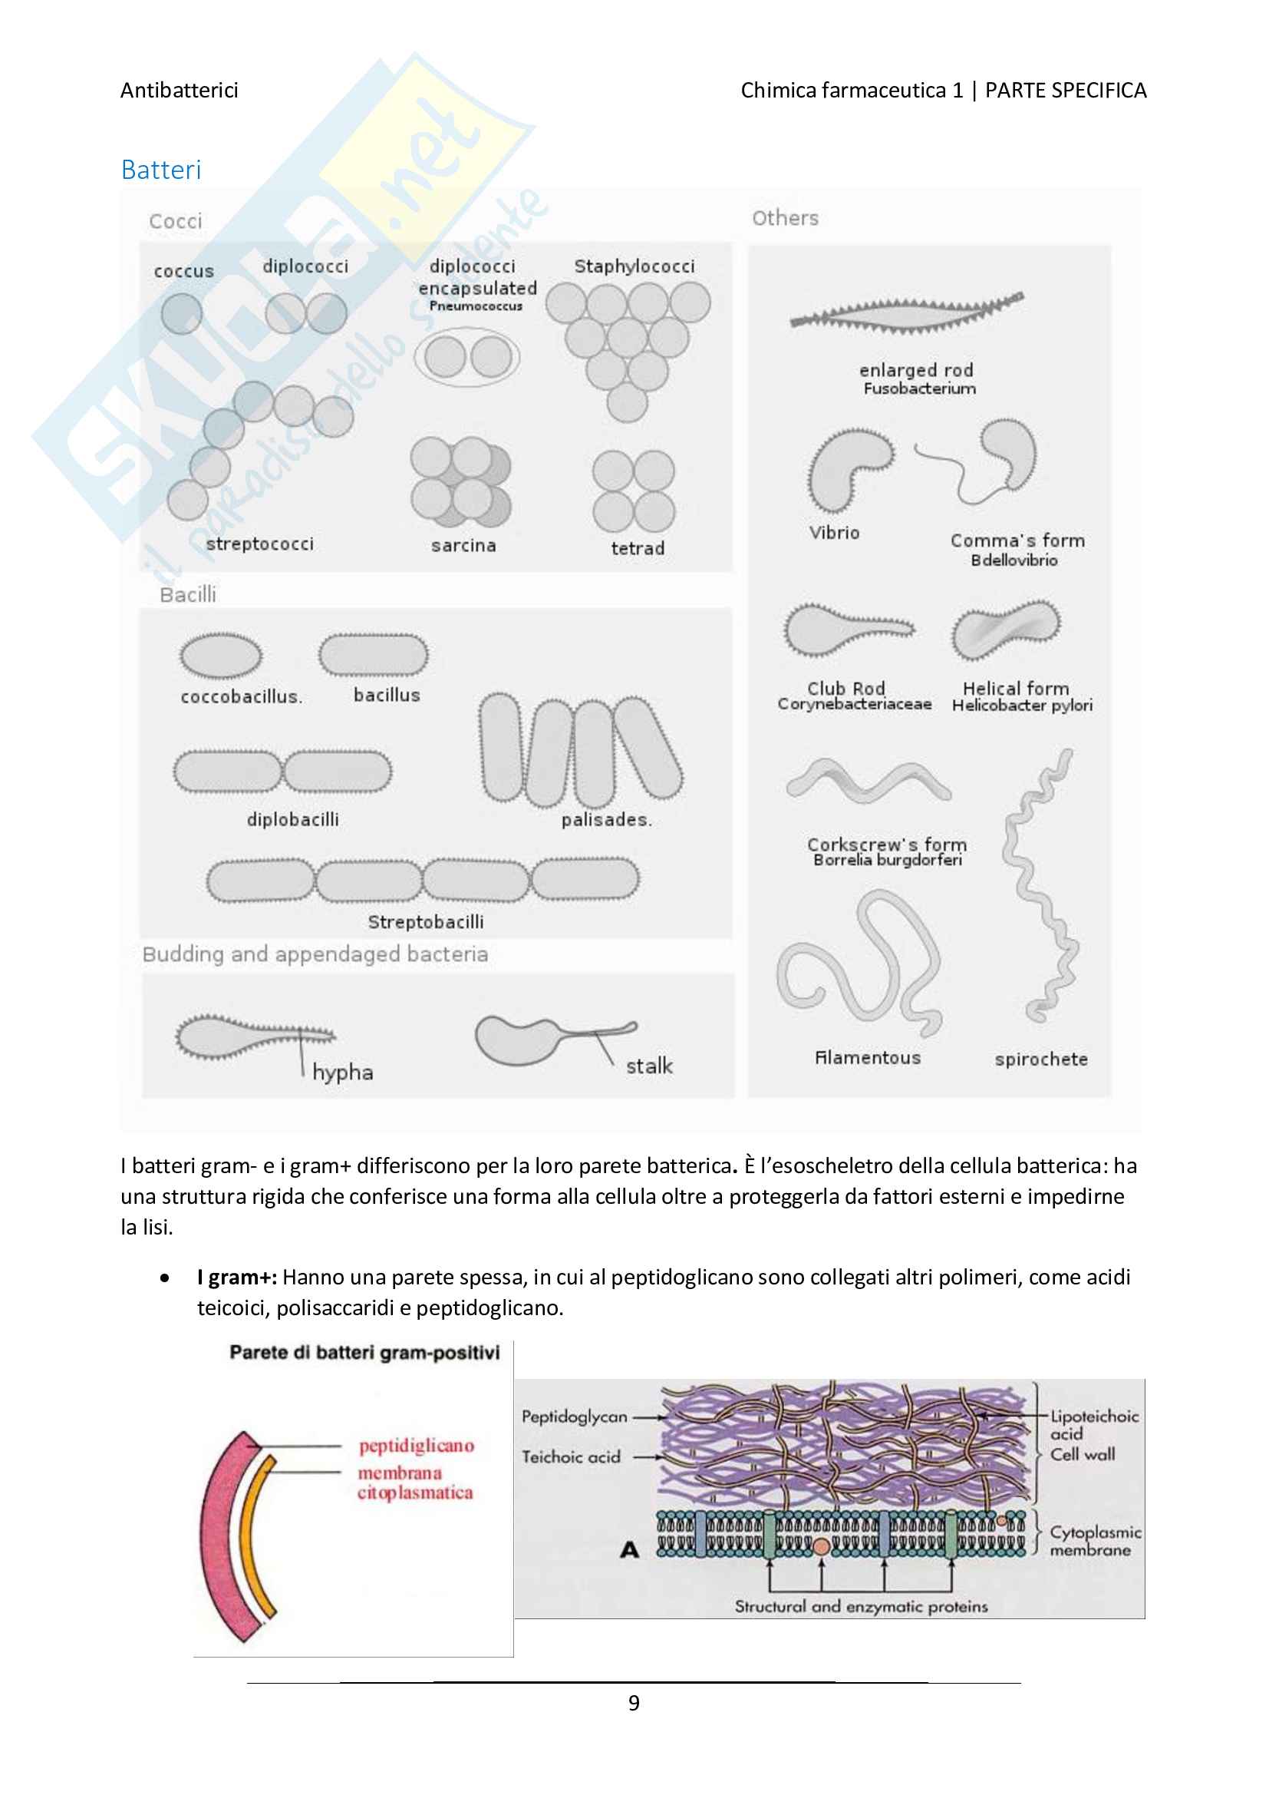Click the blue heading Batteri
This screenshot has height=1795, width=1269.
[161, 170]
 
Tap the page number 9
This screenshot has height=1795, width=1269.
[634, 1702]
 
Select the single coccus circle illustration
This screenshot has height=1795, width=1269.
[181, 313]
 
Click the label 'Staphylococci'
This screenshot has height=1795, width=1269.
[634, 266]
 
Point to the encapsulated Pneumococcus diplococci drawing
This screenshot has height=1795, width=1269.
[467, 357]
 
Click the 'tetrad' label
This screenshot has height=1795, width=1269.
[638, 548]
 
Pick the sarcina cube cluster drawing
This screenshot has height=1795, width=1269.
[461, 481]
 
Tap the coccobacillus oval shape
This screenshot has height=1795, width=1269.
[221, 655]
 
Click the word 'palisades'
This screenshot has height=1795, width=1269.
[605, 819]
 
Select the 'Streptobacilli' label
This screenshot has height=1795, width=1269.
[426, 922]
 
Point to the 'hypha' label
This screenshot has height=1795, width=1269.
[342, 1072]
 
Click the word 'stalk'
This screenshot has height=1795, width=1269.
[648, 1066]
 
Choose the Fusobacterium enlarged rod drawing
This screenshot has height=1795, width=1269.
[906, 314]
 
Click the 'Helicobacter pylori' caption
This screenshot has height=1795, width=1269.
[1021, 705]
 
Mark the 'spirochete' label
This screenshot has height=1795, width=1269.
[1041, 1059]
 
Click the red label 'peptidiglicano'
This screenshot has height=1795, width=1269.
[417, 1446]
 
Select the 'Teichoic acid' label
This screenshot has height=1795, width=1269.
[572, 1457]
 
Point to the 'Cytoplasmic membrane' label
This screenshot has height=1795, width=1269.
[1094, 1541]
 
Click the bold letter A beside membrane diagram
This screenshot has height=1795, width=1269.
[630, 1549]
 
